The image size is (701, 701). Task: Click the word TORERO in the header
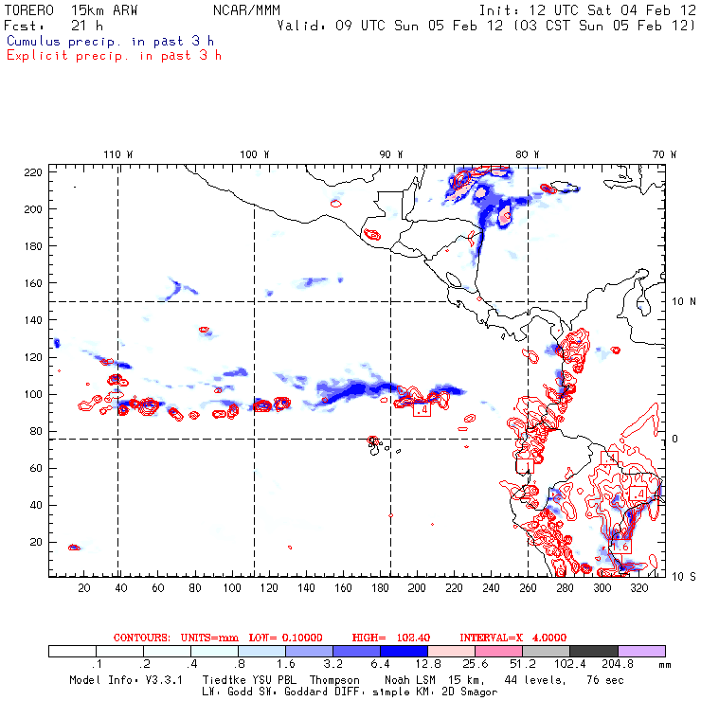coord(29,9)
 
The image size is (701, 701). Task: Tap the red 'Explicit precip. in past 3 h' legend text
coord(115,55)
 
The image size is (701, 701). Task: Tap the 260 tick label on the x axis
coord(528,588)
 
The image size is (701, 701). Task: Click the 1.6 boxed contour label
coord(620,547)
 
